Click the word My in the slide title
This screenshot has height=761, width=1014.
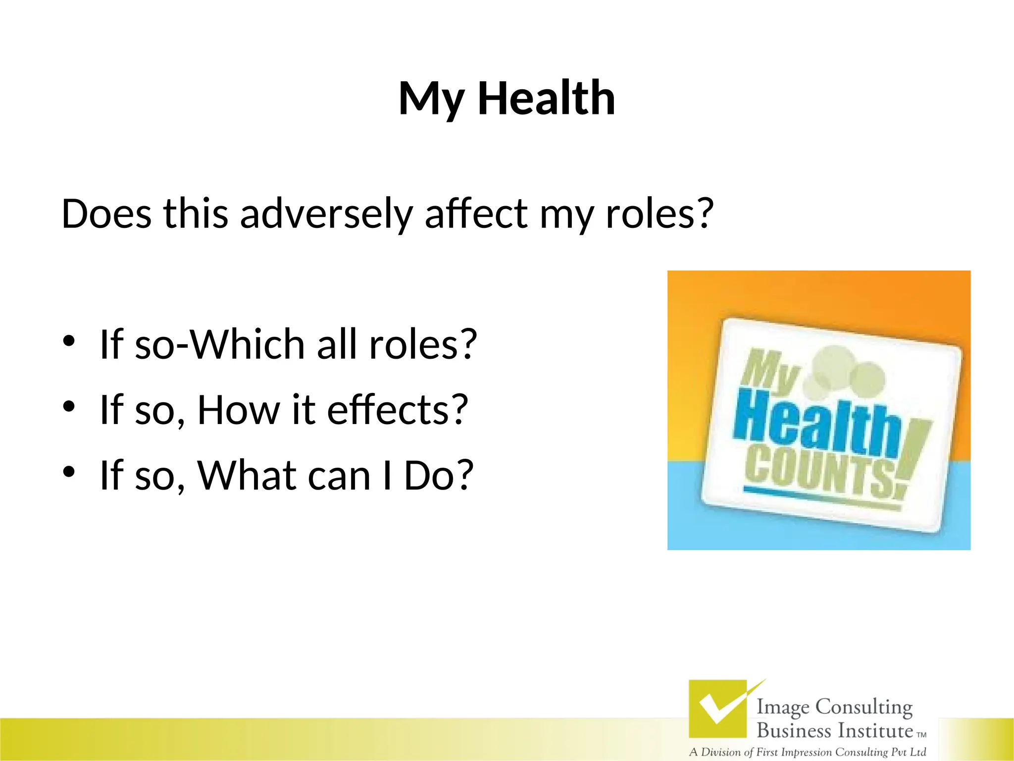[431, 99]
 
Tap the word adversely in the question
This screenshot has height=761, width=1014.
[326, 214]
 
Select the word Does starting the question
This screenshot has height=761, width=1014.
[106, 214]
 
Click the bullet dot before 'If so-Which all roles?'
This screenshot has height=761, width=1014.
[69, 341]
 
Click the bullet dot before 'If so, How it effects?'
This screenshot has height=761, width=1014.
[69, 407]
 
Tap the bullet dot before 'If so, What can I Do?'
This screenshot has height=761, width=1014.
[69, 472]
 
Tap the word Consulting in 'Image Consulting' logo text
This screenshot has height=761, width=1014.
[863, 707]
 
